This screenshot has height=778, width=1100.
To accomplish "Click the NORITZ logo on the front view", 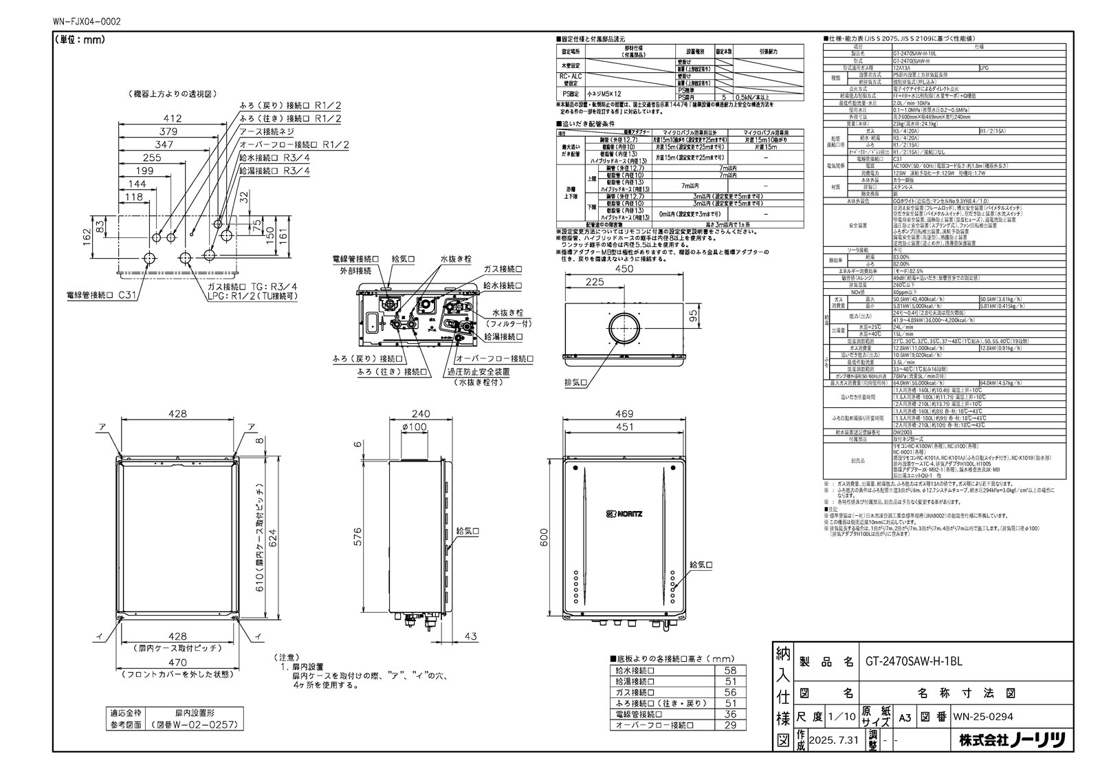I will pyautogui.click(x=624, y=513).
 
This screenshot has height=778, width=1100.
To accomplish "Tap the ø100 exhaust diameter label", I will pyautogui.click(x=414, y=426).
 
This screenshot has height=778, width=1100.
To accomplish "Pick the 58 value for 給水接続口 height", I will pyautogui.click(x=730, y=670).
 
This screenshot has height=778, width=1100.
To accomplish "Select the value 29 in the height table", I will pyautogui.click(x=730, y=725).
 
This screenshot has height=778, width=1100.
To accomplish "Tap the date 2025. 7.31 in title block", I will pyautogui.click(x=833, y=740).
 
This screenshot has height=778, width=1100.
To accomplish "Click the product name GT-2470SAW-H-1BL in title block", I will pyautogui.click(x=913, y=661).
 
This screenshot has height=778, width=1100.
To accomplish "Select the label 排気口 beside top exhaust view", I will pyautogui.click(x=575, y=382).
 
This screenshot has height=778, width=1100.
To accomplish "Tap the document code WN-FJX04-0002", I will pyautogui.click(x=87, y=21).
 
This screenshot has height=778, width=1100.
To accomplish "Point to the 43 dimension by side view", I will pyautogui.click(x=471, y=636).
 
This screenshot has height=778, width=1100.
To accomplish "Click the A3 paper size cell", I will pyautogui.click(x=906, y=716).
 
